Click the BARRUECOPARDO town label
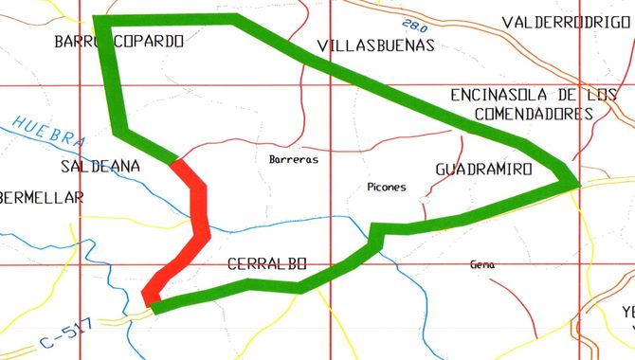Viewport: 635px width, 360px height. point(118,42)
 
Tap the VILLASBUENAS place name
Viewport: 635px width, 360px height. point(375,45)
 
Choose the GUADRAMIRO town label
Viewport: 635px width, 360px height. point(483,168)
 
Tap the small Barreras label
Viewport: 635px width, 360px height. point(294,159)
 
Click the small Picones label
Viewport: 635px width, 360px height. point(386,187)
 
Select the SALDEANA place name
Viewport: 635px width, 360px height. point(100,166)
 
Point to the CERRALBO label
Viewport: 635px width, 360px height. point(268,264)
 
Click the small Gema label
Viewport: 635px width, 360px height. point(482,265)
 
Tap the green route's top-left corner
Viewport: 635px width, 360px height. point(100,20)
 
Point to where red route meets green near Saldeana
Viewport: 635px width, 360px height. point(175,162)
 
